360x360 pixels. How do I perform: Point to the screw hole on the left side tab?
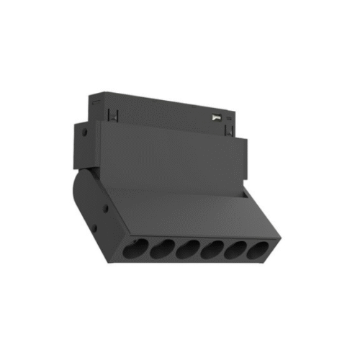point(85,133)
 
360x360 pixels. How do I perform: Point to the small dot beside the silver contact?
point(229,115)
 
